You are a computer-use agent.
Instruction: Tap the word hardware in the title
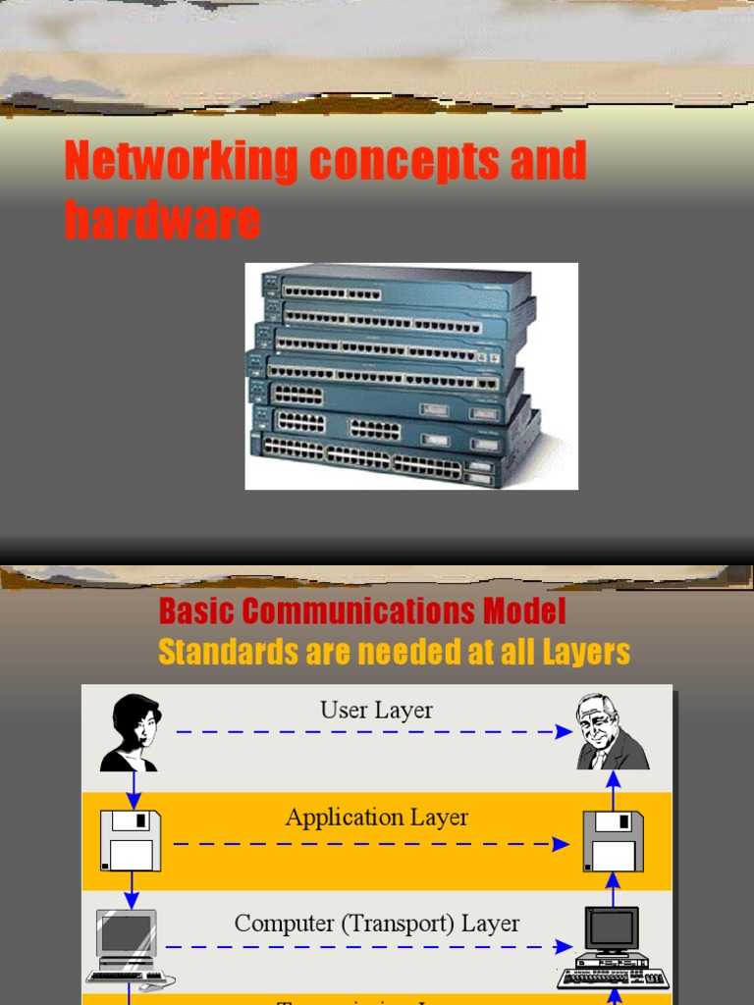click(162, 220)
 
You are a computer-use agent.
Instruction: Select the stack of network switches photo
click(410, 376)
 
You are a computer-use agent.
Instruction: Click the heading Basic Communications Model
click(362, 611)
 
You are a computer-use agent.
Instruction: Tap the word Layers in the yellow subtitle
click(585, 652)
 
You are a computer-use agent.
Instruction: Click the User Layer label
click(376, 710)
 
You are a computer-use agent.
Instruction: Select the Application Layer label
click(376, 817)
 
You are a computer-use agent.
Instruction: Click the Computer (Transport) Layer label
click(376, 923)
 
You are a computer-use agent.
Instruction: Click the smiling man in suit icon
click(612, 732)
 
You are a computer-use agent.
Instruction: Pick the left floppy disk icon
click(131, 840)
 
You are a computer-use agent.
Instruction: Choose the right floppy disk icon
click(613, 840)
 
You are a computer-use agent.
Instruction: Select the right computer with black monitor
click(612, 947)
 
